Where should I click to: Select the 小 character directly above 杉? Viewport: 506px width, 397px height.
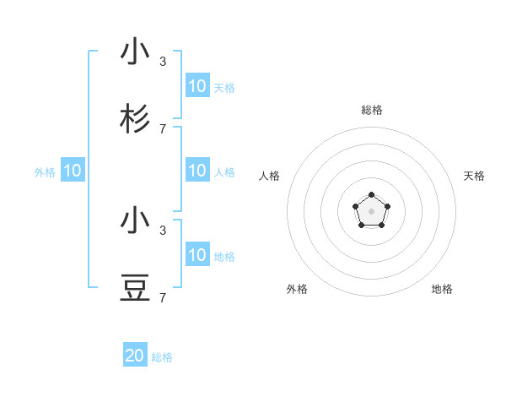[135, 52]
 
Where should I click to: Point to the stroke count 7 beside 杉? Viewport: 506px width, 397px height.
[163, 129]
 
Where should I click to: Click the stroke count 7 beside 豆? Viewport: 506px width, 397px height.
[163, 298]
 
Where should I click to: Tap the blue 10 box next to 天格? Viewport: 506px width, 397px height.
[197, 86]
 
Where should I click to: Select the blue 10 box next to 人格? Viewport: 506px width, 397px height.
[197, 171]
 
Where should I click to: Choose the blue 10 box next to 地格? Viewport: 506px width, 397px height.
[197, 255]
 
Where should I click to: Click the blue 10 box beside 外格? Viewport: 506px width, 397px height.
[73, 171]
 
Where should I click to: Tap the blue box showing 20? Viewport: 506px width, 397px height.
[135, 356]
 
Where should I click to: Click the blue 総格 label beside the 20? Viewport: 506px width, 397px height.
[162, 357]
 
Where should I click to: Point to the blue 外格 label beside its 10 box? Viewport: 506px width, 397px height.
[45, 172]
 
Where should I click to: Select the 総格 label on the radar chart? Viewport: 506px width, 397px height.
[371, 110]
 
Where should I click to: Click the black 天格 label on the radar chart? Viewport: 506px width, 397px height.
[474, 176]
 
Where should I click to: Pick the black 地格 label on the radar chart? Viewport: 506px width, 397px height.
[442, 289]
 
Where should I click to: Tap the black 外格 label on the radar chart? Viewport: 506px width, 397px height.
[297, 289]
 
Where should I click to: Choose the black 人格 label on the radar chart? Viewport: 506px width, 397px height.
[270, 176]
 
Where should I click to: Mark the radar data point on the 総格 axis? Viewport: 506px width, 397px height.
[371, 195]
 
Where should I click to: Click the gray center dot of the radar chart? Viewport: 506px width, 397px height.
[371, 210]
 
